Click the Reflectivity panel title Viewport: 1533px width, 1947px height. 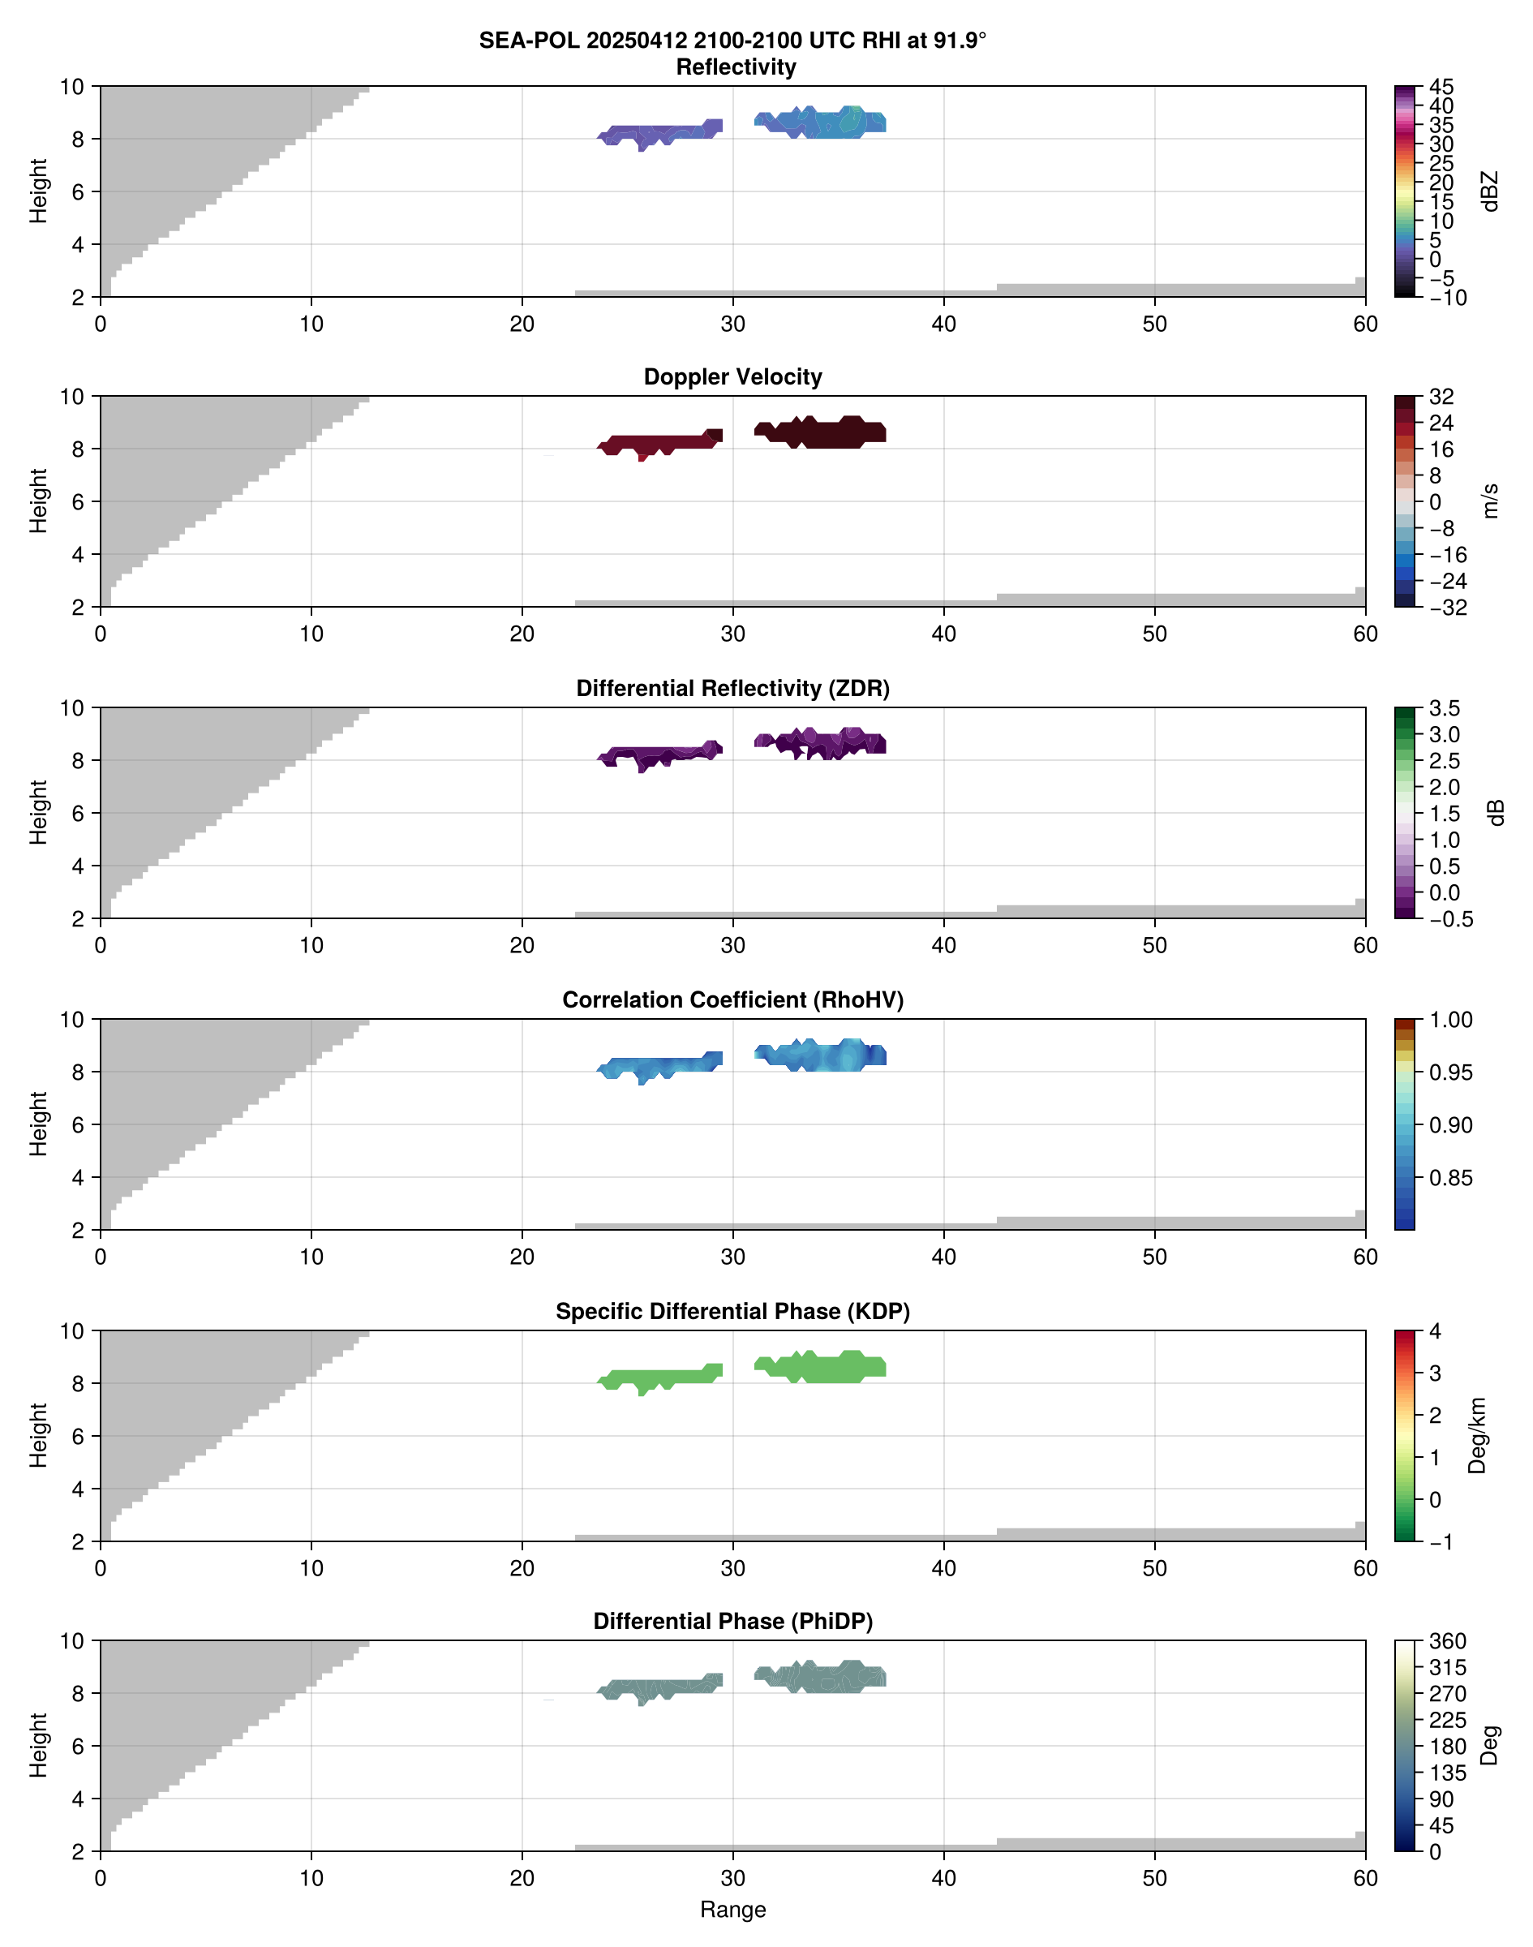click(x=736, y=67)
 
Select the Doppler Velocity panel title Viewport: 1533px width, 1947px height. click(x=732, y=377)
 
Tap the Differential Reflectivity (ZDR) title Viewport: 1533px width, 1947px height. click(x=732, y=689)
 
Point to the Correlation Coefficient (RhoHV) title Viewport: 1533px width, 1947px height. click(x=732, y=1000)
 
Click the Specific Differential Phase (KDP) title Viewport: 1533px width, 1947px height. click(x=732, y=1312)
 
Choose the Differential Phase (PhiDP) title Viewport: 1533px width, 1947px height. click(x=732, y=1621)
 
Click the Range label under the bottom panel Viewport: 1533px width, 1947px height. click(x=732, y=1910)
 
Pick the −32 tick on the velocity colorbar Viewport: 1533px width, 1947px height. click(x=1447, y=608)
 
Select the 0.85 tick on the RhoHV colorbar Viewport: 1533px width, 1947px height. click(x=1449, y=1178)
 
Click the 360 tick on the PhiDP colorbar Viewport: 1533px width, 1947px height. click(x=1447, y=1642)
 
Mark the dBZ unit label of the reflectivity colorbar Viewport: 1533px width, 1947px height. click(x=1490, y=191)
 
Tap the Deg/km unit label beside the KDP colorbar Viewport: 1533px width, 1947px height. click(x=1476, y=1435)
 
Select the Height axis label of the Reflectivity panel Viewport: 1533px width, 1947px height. click(x=37, y=191)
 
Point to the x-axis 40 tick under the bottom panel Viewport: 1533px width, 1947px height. click(x=943, y=1878)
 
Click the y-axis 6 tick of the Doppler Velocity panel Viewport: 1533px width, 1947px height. click(x=78, y=502)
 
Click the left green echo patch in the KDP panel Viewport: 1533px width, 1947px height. click(x=659, y=1377)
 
